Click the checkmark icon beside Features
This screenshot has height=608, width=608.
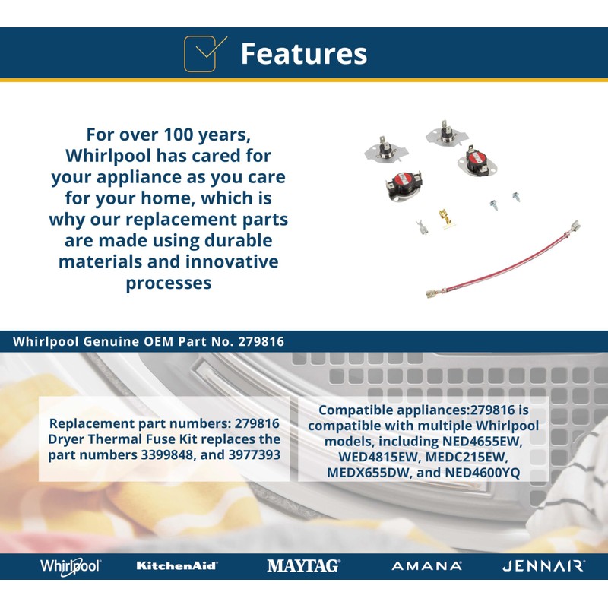click(204, 54)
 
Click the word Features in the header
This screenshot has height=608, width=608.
click(303, 53)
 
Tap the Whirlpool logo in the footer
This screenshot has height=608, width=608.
click(71, 566)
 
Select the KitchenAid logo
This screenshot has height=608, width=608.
click(177, 565)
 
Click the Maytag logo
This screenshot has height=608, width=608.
click(303, 565)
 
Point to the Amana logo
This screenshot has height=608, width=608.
click(427, 566)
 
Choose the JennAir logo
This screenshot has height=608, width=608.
click(543, 566)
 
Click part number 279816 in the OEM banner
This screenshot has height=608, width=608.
click(261, 341)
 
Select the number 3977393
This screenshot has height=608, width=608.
click(255, 454)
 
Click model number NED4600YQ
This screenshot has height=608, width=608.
click(483, 472)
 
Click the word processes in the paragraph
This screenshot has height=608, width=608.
click(169, 283)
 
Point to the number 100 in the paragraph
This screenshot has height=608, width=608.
click(179, 135)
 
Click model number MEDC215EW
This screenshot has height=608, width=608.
click(467, 457)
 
